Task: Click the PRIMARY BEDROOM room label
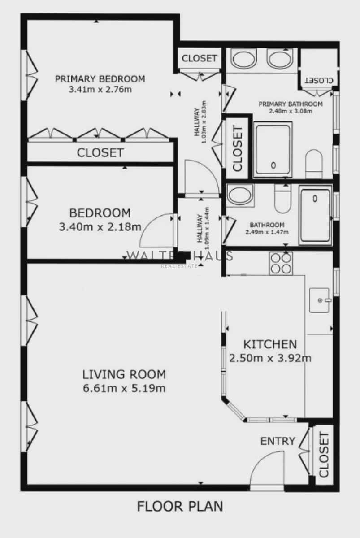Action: (x=100, y=79)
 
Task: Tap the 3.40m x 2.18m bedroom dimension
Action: (x=100, y=227)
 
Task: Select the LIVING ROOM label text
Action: (x=124, y=374)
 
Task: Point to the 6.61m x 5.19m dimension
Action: (x=124, y=388)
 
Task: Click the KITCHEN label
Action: (x=270, y=344)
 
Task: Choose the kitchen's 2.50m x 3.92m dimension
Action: (x=270, y=358)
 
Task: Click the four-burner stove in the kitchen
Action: (x=281, y=263)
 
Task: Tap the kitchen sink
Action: (x=320, y=299)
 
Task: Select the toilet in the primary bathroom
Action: (x=313, y=163)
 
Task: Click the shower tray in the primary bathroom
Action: (x=273, y=149)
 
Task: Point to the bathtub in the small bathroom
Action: (x=316, y=215)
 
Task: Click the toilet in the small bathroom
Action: (x=283, y=200)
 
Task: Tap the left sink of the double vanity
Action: (x=243, y=59)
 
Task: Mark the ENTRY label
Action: (x=278, y=441)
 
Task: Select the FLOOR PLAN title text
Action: (x=180, y=507)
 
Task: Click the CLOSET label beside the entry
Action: (x=324, y=455)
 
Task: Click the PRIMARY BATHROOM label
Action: (x=291, y=104)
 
